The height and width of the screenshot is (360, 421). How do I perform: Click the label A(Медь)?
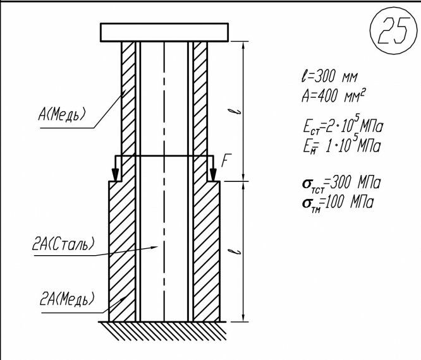coord(63,114)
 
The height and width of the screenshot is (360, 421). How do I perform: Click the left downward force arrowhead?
coord(115,175)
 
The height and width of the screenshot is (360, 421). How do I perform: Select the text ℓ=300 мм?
coord(329,78)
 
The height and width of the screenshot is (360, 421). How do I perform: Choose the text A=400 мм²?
coord(334,96)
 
